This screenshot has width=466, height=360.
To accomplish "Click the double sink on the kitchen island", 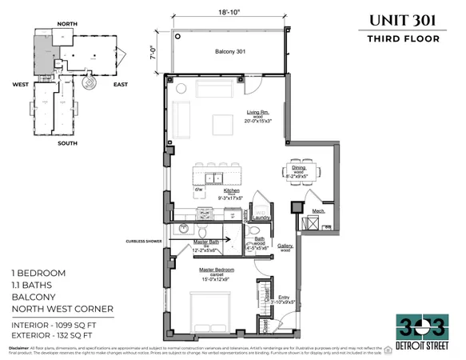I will coord(214,178).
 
